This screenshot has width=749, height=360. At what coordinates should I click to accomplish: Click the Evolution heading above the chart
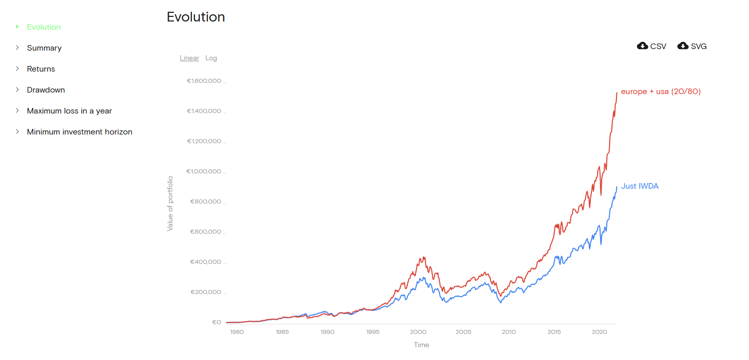(x=196, y=17)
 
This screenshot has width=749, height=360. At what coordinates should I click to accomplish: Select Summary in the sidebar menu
(x=44, y=48)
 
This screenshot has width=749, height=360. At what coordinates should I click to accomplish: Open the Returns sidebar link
(x=41, y=69)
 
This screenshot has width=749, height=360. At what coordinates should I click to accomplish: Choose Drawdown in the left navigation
(x=46, y=90)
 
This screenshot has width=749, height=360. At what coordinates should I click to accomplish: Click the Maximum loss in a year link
(x=70, y=111)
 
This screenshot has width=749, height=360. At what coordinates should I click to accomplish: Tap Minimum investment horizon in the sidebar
(x=80, y=132)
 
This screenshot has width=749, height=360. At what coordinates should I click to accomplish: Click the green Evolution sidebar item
(x=44, y=27)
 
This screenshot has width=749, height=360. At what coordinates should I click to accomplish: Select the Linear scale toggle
(x=189, y=58)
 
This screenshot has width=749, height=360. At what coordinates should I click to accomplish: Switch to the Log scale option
(x=211, y=58)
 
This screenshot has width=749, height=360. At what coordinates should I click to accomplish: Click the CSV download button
(x=652, y=46)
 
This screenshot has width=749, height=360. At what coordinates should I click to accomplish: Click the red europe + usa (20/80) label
(x=660, y=92)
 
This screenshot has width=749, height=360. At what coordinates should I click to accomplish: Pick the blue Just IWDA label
(x=640, y=186)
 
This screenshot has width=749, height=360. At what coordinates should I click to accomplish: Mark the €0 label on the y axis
(x=216, y=322)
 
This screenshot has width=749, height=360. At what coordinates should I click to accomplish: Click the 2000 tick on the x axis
(x=418, y=332)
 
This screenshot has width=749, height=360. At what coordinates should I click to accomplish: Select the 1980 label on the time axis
(x=236, y=332)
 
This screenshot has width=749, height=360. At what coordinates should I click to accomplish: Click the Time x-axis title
(x=422, y=345)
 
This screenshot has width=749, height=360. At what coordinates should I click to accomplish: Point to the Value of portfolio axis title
(x=170, y=204)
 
